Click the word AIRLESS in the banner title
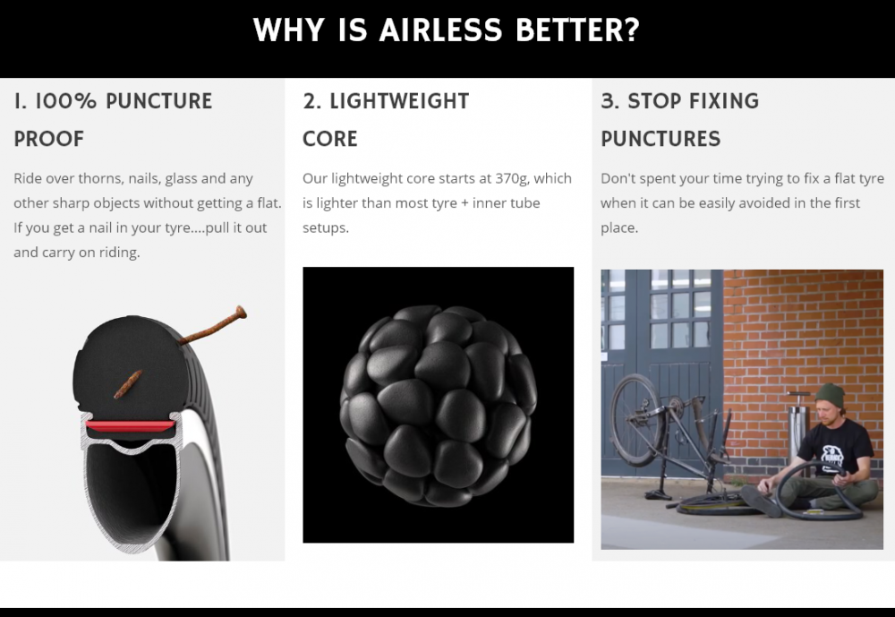(x=440, y=30)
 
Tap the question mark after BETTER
(x=633, y=30)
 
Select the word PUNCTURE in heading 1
(x=158, y=101)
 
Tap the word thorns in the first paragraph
(x=101, y=179)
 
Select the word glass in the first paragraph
(x=181, y=179)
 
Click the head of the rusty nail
(x=241, y=312)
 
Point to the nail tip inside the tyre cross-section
(x=117, y=394)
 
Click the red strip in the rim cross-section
(x=131, y=426)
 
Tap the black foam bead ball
(x=438, y=405)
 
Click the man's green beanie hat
(x=830, y=395)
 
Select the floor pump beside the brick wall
(x=797, y=423)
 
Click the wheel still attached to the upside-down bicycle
(x=637, y=419)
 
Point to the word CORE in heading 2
(x=330, y=139)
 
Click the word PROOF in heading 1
(x=49, y=139)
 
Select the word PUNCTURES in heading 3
(x=661, y=139)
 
